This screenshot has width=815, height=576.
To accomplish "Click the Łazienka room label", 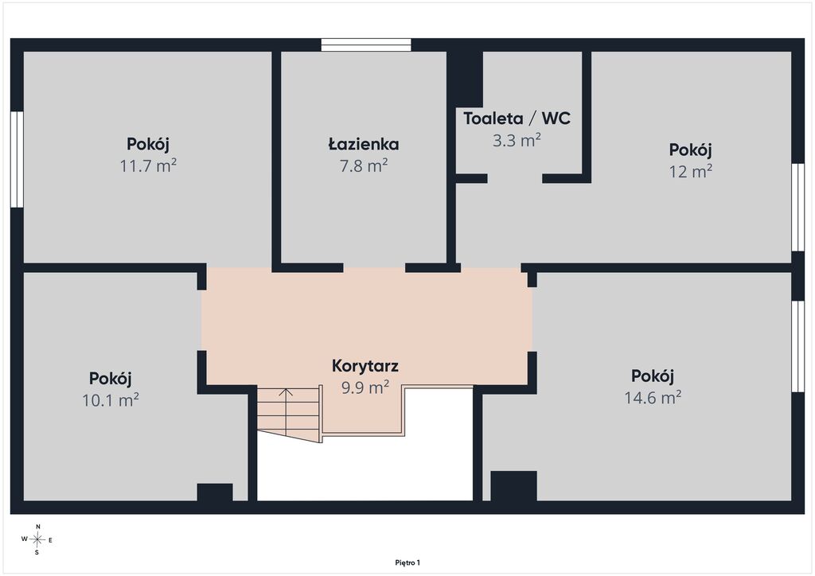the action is pyautogui.click(x=363, y=144).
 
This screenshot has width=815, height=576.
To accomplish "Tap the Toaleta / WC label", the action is pyautogui.click(x=517, y=119).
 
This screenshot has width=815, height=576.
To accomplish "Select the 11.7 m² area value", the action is pyautogui.click(x=148, y=165).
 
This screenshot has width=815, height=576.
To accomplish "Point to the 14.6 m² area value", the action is pyautogui.click(x=653, y=397).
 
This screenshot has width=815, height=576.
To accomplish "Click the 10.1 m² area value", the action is pyautogui.click(x=111, y=400).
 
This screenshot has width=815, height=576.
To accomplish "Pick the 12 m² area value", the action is pyautogui.click(x=690, y=171).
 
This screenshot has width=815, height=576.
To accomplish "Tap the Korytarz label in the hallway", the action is pyautogui.click(x=365, y=366).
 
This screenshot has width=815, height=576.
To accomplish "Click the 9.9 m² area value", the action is pyautogui.click(x=365, y=387).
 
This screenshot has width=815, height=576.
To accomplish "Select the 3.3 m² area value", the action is pyautogui.click(x=517, y=140).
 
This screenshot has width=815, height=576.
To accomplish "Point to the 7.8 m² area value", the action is pyautogui.click(x=363, y=165).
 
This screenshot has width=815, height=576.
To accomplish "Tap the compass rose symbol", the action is pyautogui.click(x=37, y=539).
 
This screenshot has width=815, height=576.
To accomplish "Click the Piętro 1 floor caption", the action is pyautogui.click(x=407, y=562).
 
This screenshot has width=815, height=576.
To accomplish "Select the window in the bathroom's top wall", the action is pyautogui.click(x=366, y=45).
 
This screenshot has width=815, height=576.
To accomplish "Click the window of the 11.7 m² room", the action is pyautogui.click(x=18, y=159).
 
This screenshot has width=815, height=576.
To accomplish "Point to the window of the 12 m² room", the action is pyautogui.click(x=797, y=207).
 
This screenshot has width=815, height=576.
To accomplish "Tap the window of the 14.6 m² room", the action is pyautogui.click(x=797, y=346).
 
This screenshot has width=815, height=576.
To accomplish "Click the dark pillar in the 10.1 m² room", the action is pyautogui.click(x=215, y=492).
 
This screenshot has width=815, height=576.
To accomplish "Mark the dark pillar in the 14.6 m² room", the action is pyautogui.click(x=513, y=486).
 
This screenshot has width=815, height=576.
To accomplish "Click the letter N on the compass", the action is pyautogui.click(x=37, y=527).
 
